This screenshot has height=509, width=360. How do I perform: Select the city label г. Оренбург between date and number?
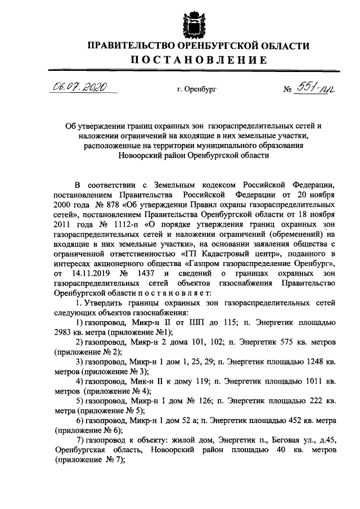[196, 89]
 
